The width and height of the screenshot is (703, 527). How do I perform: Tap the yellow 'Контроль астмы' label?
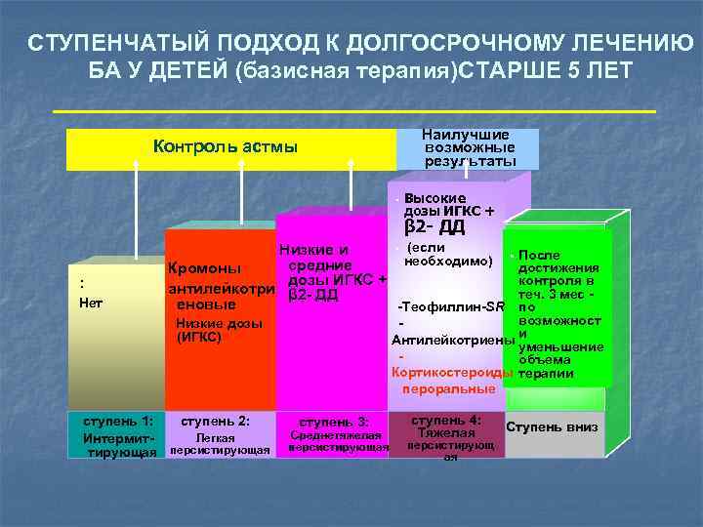226,147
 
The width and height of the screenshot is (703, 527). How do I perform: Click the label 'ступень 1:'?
117,422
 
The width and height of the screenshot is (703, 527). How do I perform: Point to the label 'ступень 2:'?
216,422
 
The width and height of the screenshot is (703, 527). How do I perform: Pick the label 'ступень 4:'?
447,420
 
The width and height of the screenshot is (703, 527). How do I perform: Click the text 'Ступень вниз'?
554,427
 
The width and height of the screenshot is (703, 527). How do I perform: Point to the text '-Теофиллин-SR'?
451,306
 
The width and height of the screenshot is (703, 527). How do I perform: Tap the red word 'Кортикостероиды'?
451,372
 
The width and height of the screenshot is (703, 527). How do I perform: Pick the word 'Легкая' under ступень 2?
216,438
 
